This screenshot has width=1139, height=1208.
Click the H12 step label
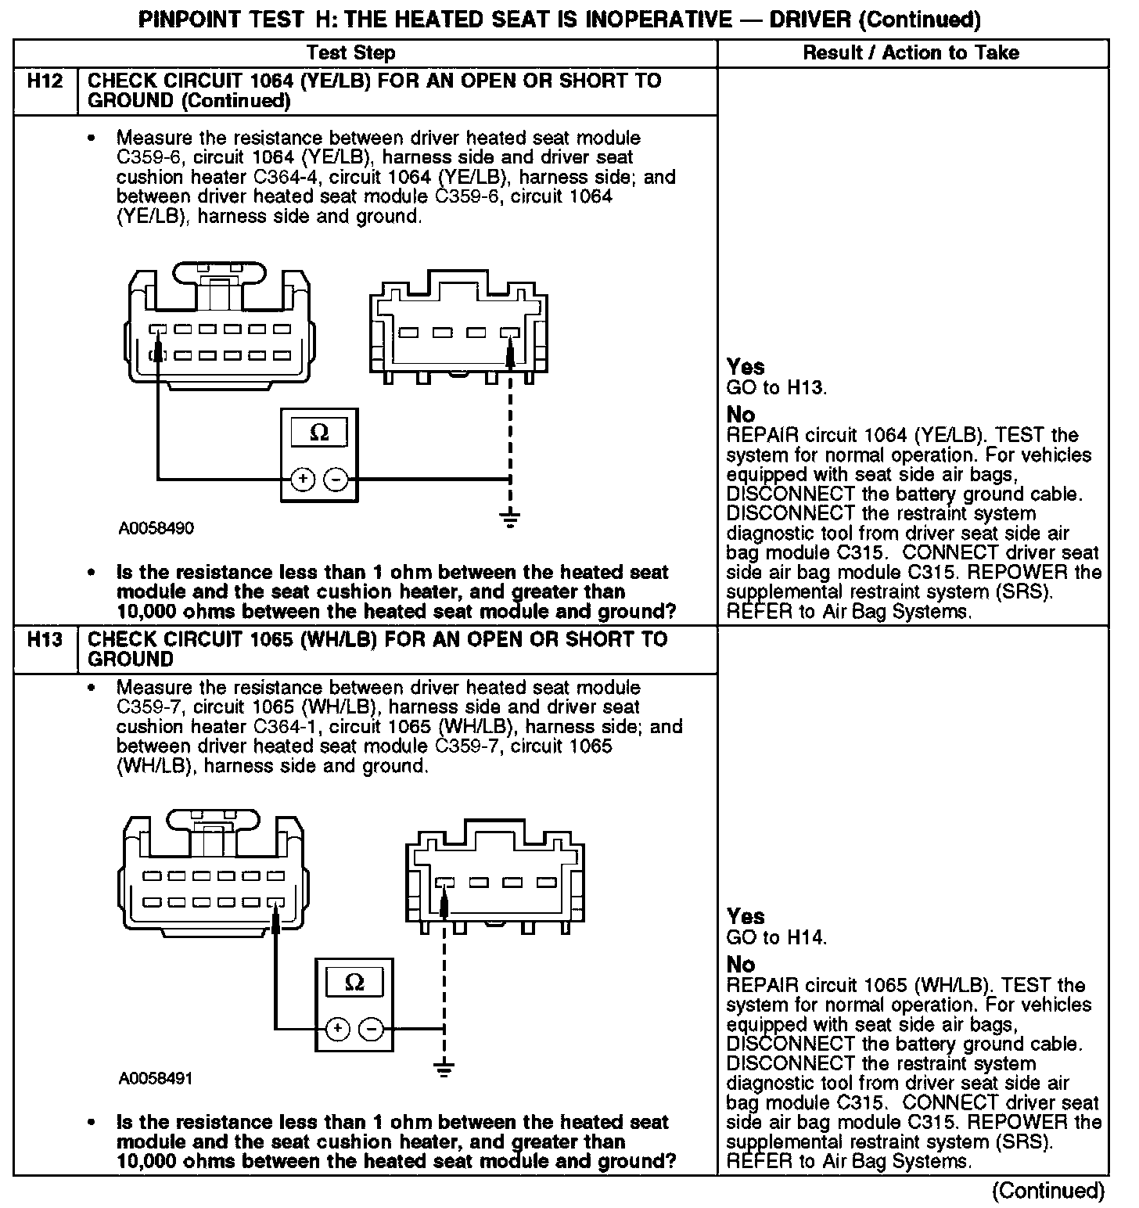click(45, 81)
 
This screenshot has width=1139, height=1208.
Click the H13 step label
click(45, 640)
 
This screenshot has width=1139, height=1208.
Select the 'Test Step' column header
click(350, 53)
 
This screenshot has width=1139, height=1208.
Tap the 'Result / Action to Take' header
click(911, 53)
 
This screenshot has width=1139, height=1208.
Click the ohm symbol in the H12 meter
click(319, 433)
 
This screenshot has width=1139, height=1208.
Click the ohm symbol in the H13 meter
click(354, 983)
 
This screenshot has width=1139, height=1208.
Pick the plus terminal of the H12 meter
click(302, 479)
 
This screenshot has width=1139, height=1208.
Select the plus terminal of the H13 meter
click(336, 1029)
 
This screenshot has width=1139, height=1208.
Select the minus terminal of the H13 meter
click(371, 1029)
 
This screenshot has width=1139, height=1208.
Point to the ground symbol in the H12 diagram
click(510, 518)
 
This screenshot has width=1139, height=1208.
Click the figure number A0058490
click(156, 528)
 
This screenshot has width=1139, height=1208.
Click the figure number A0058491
click(156, 1078)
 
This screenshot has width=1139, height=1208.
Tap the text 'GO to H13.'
click(776, 387)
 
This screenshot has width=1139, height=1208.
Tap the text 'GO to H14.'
click(776, 937)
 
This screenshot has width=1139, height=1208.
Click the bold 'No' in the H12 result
click(740, 415)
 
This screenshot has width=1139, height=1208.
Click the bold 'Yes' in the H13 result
click(745, 916)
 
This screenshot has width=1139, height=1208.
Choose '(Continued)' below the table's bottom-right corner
click(1048, 1191)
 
